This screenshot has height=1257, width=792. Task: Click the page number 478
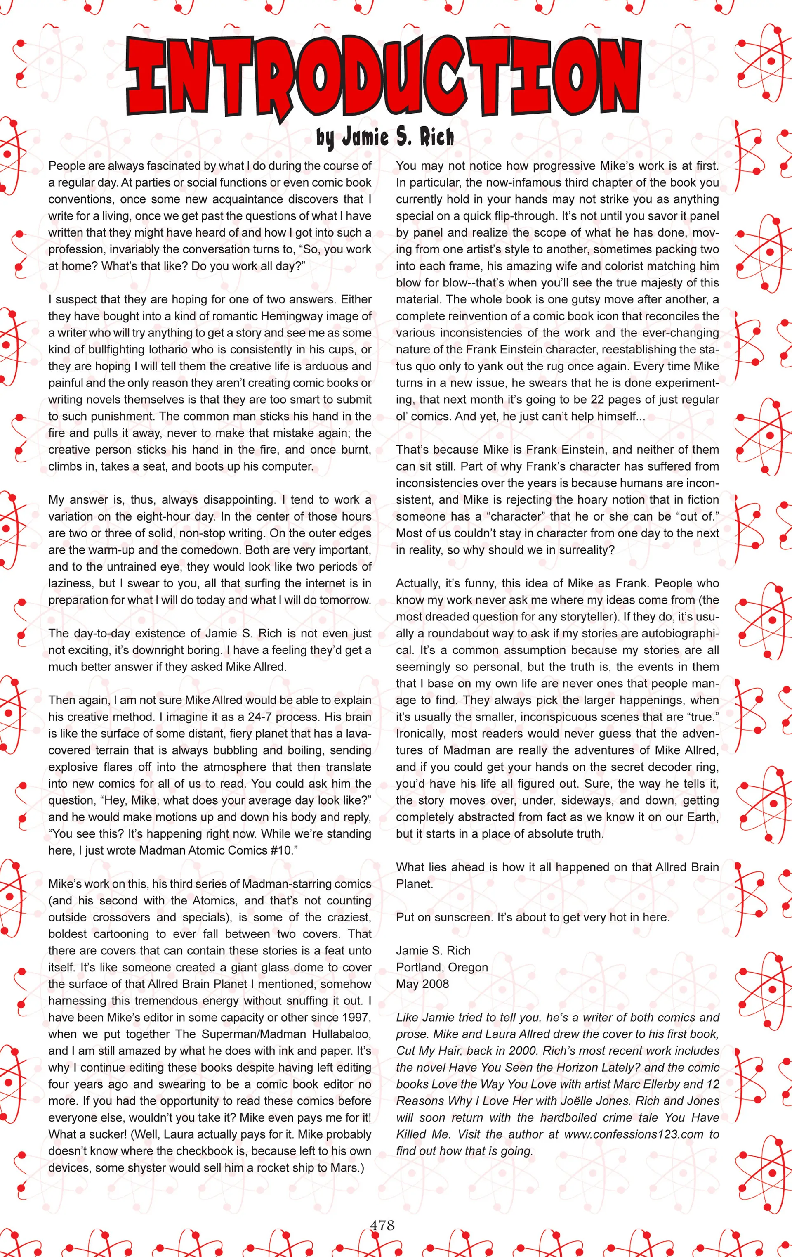pyautogui.click(x=382, y=1225)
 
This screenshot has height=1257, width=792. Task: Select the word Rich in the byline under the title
pyautogui.click(x=437, y=137)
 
